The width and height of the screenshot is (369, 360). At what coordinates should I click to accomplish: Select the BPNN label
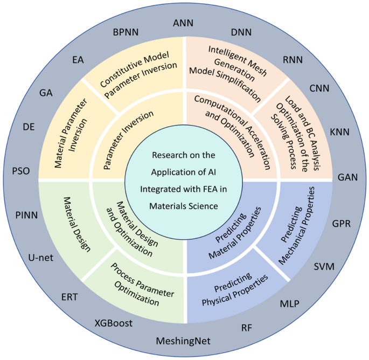(x=126, y=32)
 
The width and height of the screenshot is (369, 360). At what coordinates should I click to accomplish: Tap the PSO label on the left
(x=20, y=172)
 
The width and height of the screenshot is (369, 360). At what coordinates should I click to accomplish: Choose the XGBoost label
(x=114, y=323)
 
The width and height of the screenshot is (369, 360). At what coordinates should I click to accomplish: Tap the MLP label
(x=289, y=304)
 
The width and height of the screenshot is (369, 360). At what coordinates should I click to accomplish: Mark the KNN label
(x=339, y=131)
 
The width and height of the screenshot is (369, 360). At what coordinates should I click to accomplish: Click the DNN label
(x=241, y=32)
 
